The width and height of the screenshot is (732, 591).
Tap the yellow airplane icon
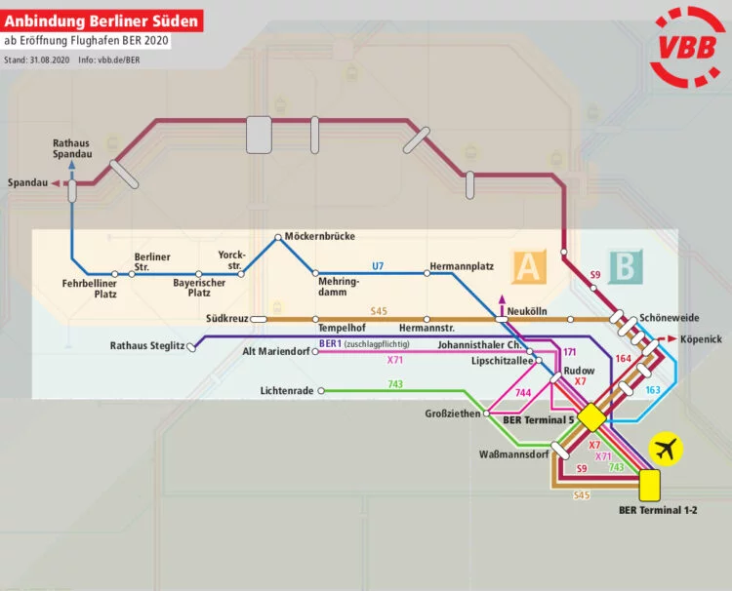(668, 449)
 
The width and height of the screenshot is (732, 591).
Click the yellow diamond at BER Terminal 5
(590, 417)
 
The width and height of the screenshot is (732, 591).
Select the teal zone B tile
(622, 265)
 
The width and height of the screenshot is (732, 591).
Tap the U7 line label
(379, 265)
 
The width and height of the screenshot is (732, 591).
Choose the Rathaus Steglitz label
(146, 345)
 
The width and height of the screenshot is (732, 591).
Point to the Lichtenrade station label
(288, 391)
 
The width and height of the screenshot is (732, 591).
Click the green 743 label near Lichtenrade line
(395, 384)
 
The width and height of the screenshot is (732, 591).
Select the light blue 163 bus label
(653, 390)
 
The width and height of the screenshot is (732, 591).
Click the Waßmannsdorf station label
(513, 455)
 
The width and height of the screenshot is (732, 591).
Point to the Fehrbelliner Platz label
(90, 288)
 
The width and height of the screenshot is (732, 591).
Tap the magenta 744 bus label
(523, 392)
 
